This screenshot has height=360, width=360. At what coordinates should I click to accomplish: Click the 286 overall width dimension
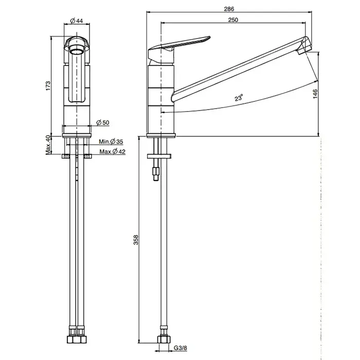click(229, 9)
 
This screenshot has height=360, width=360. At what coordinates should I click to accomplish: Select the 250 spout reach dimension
click(233, 20)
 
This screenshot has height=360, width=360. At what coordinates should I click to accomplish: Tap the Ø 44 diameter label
click(76, 21)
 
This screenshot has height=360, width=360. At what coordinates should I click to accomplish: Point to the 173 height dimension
click(48, 85)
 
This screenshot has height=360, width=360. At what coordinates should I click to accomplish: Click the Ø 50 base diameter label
click(103, 122)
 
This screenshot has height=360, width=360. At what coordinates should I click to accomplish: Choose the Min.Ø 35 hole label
click(111, 141)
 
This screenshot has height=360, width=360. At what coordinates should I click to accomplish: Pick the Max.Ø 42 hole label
click(112, 152)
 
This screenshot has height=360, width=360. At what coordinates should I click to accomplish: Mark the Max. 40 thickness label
click(48, 145)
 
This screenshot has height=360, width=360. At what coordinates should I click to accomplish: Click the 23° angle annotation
click(239, 98)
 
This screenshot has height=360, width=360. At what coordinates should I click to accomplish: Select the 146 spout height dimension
click(315, 94)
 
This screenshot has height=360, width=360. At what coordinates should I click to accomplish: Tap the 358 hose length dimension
click(136, 240)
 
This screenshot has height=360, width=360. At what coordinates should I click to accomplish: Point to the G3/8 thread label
click(180, 348)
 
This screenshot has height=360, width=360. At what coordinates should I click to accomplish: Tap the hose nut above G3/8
click(164, 339)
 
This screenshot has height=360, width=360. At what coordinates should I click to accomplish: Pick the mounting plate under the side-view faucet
click(159, 156)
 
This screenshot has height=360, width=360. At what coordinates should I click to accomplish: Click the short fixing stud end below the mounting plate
click(156, 174)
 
